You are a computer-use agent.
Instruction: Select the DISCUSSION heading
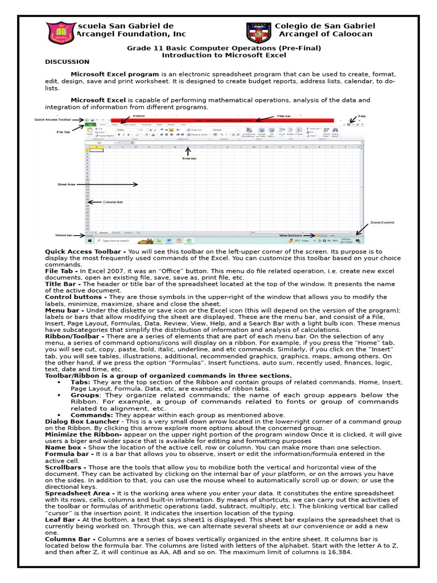click(67, 61)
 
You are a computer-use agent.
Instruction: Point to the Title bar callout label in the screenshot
click(284, 116)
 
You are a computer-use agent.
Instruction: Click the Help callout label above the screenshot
click(361, 116)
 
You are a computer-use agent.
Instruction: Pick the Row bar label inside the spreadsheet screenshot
click(189, 158)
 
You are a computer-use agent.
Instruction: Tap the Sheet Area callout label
click(66, 184)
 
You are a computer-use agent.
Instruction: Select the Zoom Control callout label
click(382, 222)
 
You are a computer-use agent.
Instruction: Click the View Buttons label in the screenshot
click(290, 235)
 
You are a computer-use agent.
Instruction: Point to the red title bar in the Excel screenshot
click(228, 120)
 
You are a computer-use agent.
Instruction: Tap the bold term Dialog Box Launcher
click(82, 421)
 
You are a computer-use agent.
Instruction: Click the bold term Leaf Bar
click(61, 519)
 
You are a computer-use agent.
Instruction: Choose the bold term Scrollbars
click(64, 467)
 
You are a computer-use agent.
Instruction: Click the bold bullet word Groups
click(84, 395)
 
